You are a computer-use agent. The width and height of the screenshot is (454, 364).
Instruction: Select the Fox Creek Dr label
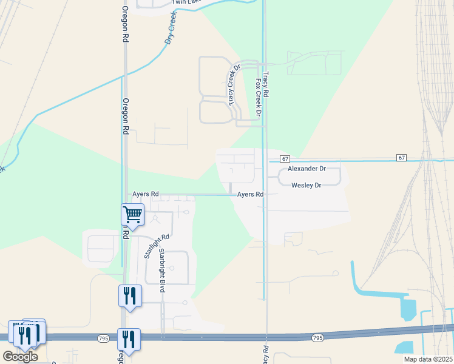(x=258, y=97)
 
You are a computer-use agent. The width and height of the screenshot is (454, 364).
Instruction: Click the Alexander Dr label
(x=307, y=168)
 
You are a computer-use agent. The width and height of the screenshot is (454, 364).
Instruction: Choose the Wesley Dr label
(x=306, y=184)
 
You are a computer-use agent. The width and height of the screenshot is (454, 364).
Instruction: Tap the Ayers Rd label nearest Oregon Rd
(x=146, y=194)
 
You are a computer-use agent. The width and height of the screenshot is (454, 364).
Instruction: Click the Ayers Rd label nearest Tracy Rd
(x=250, y=194)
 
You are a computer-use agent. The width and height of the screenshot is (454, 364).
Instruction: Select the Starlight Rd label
(x=151, y=246)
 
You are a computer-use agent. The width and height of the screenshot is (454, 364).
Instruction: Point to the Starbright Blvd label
(x=162, y=270)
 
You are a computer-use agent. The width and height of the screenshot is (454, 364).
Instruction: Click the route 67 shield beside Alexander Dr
(x=286, y=158)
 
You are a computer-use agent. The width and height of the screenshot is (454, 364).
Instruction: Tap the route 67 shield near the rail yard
(x=402, y=158)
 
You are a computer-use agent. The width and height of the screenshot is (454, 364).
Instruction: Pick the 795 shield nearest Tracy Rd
(x=317, y=337)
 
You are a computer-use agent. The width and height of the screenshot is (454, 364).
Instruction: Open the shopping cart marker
(x=132, y=214)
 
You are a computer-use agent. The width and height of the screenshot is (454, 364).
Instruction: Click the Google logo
(x=20, y=357)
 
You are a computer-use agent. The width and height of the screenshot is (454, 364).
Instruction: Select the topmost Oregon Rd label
(x=125, y=24)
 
